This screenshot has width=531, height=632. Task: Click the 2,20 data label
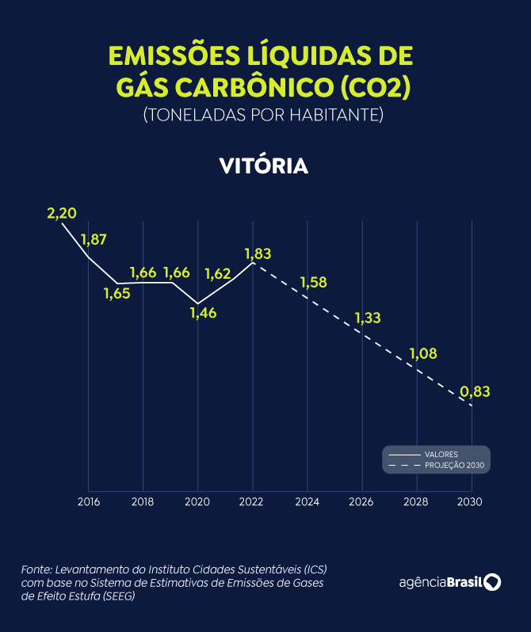(x=62, y=214)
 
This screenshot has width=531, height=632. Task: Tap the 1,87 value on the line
(x=94, y=240)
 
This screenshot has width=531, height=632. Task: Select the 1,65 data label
(x=117, y=293)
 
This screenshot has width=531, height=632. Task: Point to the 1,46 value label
(x=203, y=312)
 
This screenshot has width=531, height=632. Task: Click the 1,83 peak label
(x=258, y=254)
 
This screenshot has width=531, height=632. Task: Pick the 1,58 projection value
(x=313, y=283)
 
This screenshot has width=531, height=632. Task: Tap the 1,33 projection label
(x=368, y=318)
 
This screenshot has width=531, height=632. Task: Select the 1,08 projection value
(x=422, y=354)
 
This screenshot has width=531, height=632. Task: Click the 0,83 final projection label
(x=476, y=391)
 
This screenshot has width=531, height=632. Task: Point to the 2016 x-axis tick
(x=88, y=502)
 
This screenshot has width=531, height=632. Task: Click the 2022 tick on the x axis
(x=252, y=502)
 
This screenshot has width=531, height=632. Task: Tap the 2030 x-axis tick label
(x=471, y=502)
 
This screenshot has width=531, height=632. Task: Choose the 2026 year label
(x=361, y=502)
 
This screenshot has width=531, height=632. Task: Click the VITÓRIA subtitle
(x=264, y=167)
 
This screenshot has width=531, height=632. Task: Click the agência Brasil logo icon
(x=493, y=582)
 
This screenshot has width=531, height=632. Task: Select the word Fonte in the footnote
(x=35, y=570)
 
